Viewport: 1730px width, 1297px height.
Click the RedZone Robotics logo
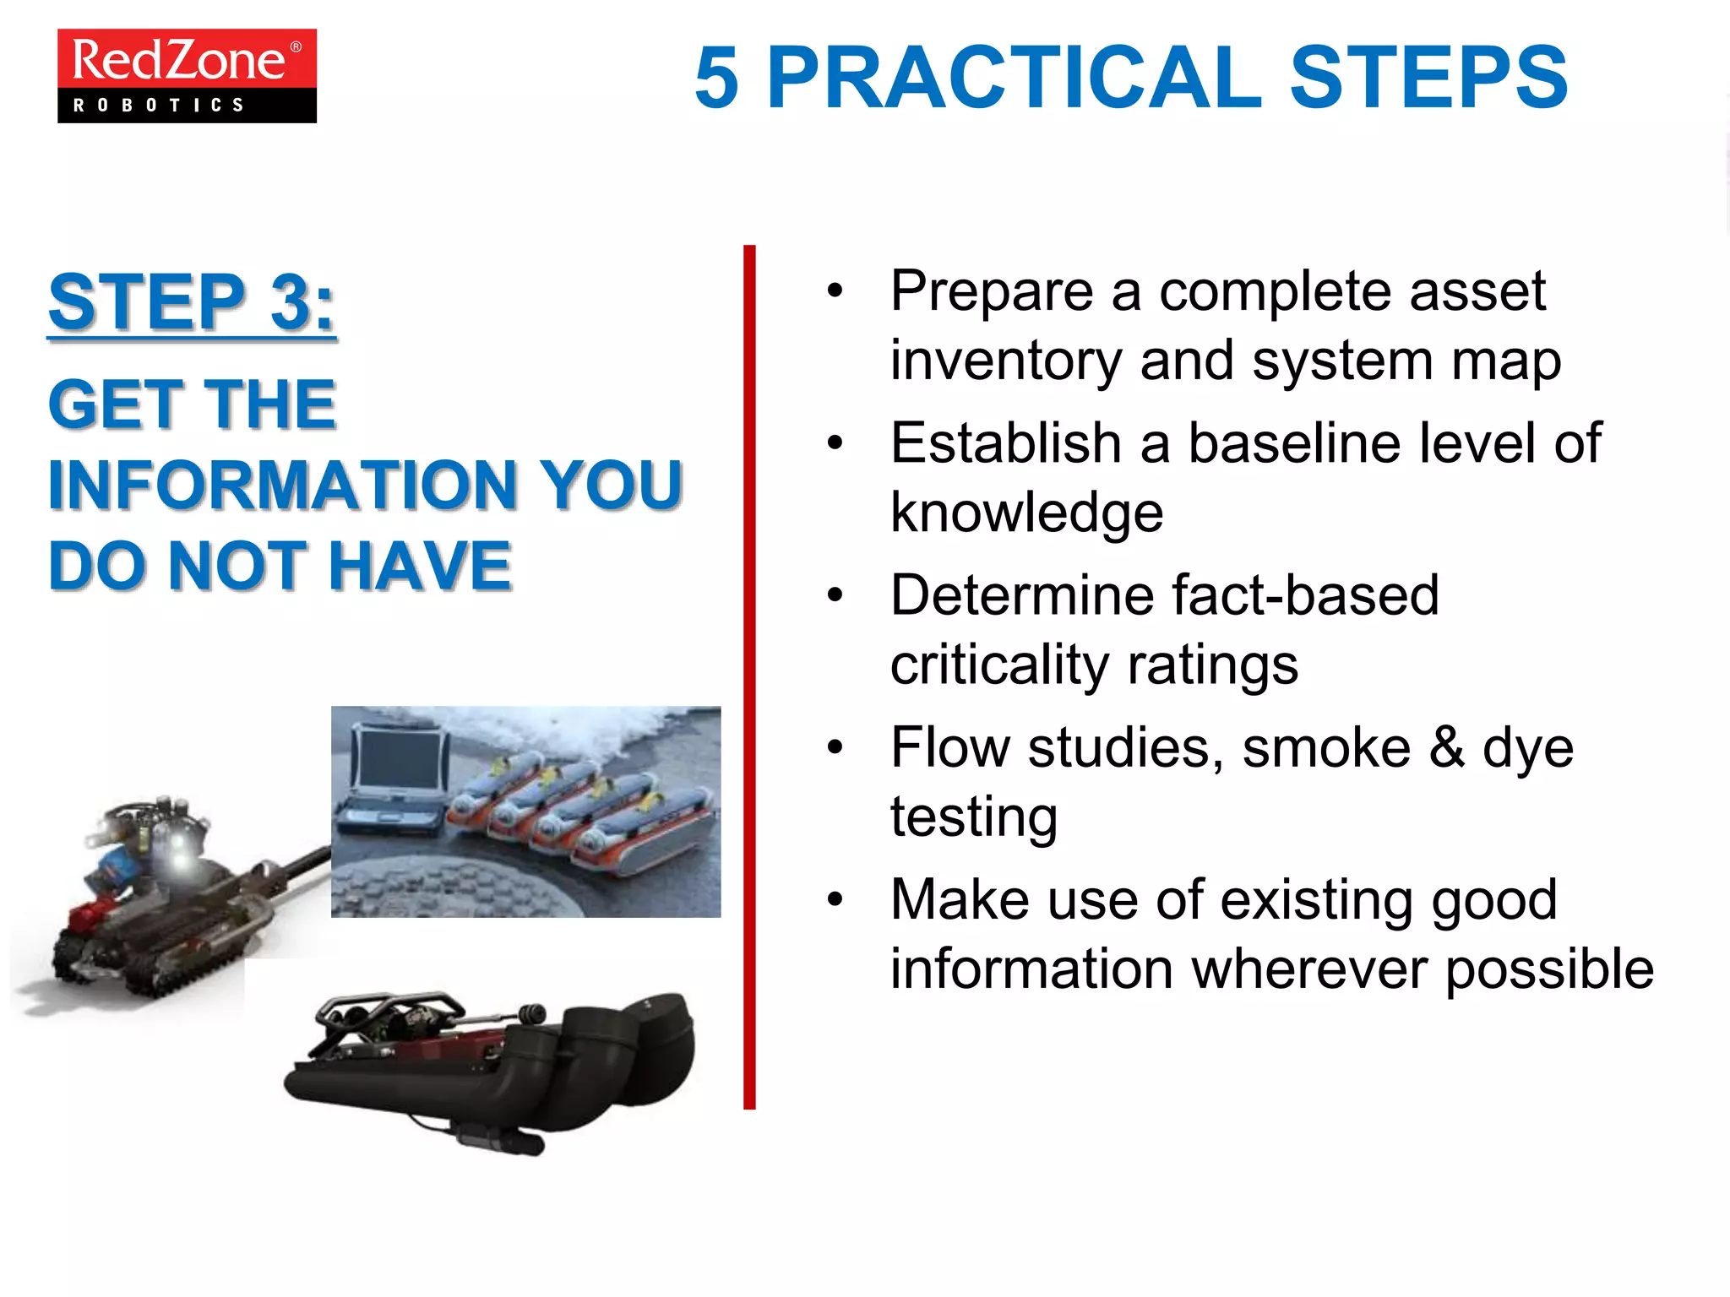(x=187, y=76)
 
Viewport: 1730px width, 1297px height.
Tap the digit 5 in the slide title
(x=717, y=78)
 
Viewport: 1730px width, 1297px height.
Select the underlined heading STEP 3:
(x=192, y=302)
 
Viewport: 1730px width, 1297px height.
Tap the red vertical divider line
(x=749, y=676)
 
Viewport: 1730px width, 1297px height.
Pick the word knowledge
(x=1026, y=513)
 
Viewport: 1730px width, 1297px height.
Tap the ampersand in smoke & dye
(x=1446, y=747)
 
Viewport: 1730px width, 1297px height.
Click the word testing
(x=973, y=817)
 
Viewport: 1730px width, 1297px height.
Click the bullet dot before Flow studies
(x=835, y=747)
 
